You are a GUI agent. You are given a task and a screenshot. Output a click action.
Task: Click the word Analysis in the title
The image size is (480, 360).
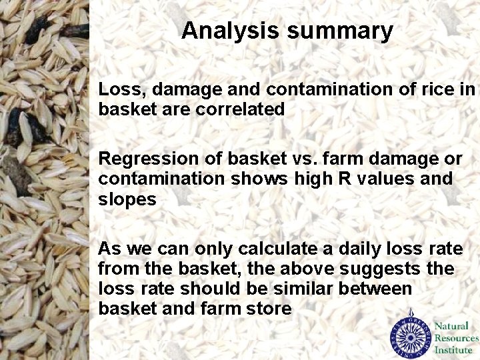pyautogui.click(x=224, y=31)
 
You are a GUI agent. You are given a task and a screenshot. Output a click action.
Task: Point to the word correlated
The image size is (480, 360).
pyautogui.click(x=240, y=109)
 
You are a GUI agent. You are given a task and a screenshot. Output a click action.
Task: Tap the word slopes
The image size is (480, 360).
pyautogui.click(x=127, y=200)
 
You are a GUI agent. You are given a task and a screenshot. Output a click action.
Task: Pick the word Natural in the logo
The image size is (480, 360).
pyautogui.click(x=451, y=326)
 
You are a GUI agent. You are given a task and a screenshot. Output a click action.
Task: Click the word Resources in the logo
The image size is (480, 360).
pyautogui.click(x=457, y=338)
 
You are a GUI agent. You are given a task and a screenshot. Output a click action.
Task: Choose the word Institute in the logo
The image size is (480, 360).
pyautogui.click(x=453, y=350)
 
